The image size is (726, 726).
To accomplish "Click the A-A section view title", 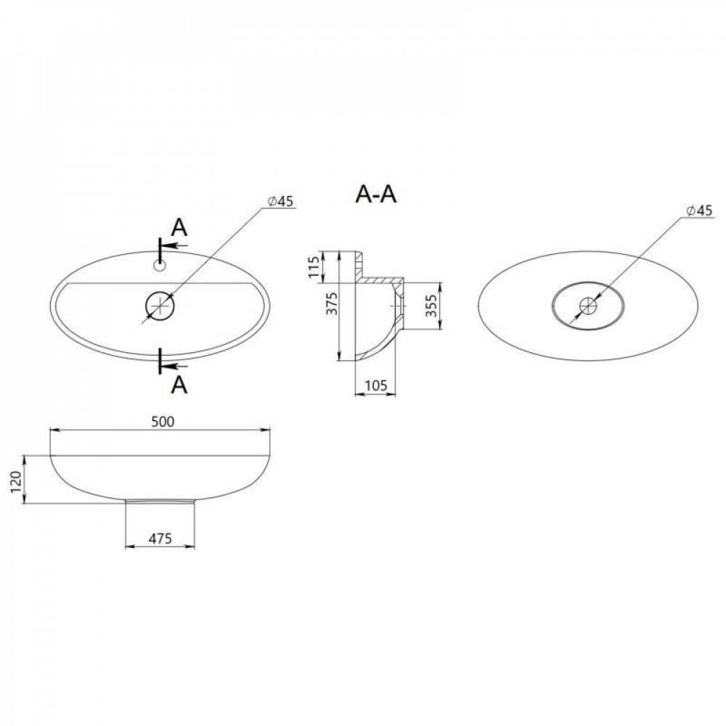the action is coord(375,195).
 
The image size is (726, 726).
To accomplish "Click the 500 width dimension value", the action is coord(163,422).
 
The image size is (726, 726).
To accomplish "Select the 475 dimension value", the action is coord(160,539).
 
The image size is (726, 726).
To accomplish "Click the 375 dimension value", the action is coord(332,304).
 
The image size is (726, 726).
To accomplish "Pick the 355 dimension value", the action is coord(431,306).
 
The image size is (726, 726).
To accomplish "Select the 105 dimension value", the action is coord(375,386).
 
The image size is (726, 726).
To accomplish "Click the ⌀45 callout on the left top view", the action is coord(280,202).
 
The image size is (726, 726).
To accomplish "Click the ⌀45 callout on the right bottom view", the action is coord(700,211).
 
